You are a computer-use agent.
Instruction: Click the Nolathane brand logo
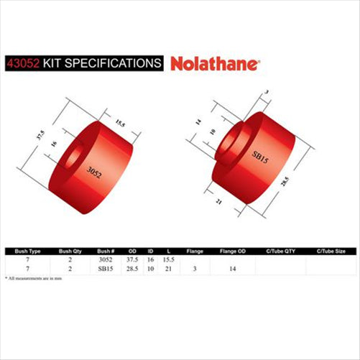216,63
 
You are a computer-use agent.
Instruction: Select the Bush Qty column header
71,251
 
